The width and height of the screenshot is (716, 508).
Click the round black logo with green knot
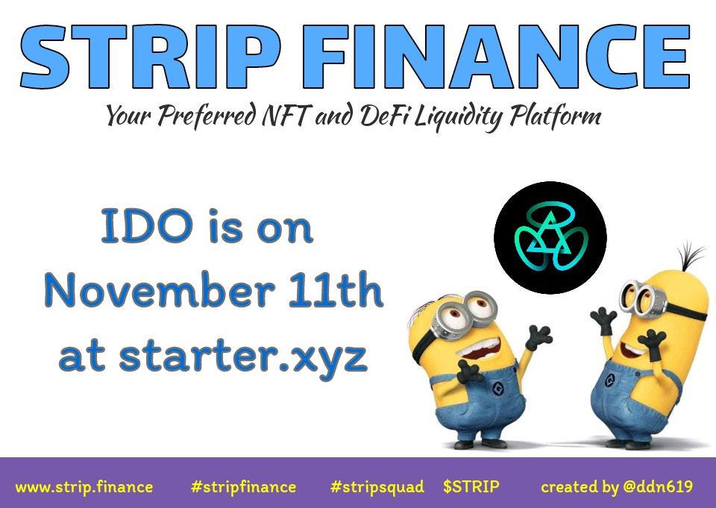(550, 237)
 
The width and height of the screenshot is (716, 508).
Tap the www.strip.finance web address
(84, 487)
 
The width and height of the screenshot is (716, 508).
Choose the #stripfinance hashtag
(243, 487)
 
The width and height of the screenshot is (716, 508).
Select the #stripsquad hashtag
(377, 487)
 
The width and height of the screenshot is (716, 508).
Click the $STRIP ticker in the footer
(471, 487)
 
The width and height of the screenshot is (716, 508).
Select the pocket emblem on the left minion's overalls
(494, 387)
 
